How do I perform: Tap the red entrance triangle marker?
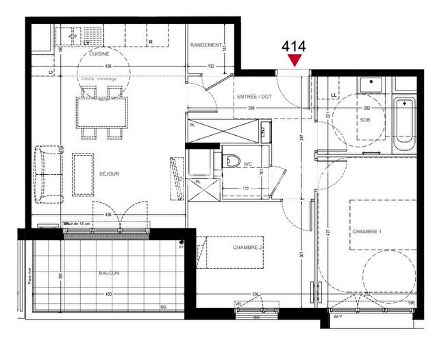(295, 62)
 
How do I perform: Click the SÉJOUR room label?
(108, 174)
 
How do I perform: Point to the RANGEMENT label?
(207, 45)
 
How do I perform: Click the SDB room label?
(364, 120)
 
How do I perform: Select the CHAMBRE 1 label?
(366, 232)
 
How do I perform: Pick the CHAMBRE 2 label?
(248, 247)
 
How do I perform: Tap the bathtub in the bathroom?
(404, 126)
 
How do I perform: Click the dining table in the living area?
(102, 112)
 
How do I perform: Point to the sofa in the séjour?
(47, 174)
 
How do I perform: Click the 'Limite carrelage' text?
(99, 79)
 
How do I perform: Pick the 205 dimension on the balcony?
(61, 276)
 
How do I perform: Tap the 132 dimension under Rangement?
(211, 67)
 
